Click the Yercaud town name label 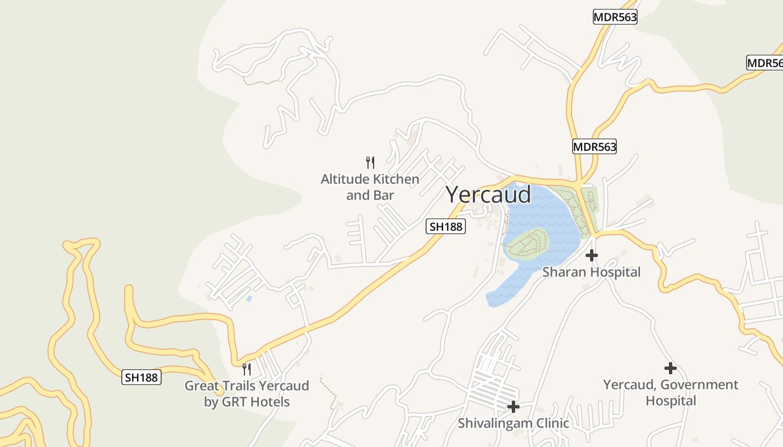click(x=488, y=194)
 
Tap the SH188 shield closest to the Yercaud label click(x=446, y=226)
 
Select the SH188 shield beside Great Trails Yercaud click(x=141, y=378)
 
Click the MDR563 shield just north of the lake click(x=594, y=147)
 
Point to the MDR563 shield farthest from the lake click(x=615, y=17)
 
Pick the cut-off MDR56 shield click(x=765, y=63)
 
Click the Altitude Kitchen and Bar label click(x=370, y=187)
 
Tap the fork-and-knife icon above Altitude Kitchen click(x=370, y=163)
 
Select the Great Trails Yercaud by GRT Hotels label click(x=247, y=393)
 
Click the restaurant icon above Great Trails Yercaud click(x=246, y=369)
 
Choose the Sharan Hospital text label click(x=591, y=272)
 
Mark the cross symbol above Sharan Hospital click(x=591, y=255)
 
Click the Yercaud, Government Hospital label click(x=670, y=392)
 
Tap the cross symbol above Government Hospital click(x=670, y=368)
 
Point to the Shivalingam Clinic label click(x=513, y=423)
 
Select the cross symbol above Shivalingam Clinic click(x=513, y=407)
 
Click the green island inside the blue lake click(x=527, y=244)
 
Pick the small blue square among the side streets click(x=249, y=299)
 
